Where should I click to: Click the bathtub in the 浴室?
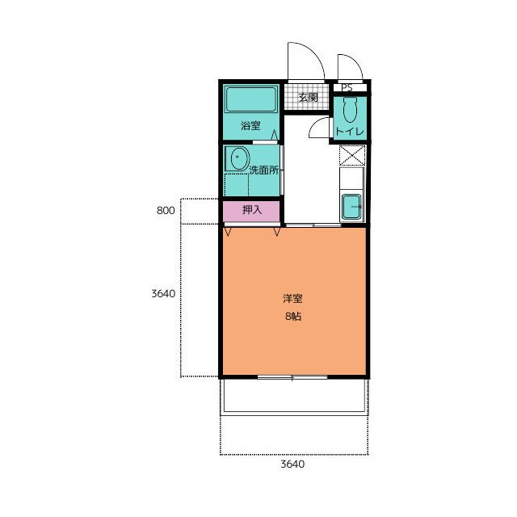tap(251, 99)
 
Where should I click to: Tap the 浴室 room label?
tap(250, 126)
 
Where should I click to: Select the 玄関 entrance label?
tap(308, 98)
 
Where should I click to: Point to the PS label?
tap(347, 88)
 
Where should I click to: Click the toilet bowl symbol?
tap(350, 110)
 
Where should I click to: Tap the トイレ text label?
tap(350, 132)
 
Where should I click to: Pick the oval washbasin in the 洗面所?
tap(240, 158)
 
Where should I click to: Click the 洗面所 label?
tap(264, 170)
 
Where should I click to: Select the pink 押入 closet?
tap(251, 212)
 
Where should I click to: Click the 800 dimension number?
tap(166, 210)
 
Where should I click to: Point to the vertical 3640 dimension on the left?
tap(163, 293)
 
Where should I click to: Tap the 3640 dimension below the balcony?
tap(292, 464)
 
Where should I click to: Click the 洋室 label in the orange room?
tap(292, 298)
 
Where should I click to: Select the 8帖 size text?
tap(293, 317)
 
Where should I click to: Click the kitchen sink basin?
tap(351, 207)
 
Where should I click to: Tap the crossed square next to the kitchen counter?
tap(352, 155)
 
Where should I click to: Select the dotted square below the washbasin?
tap(237, 185)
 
